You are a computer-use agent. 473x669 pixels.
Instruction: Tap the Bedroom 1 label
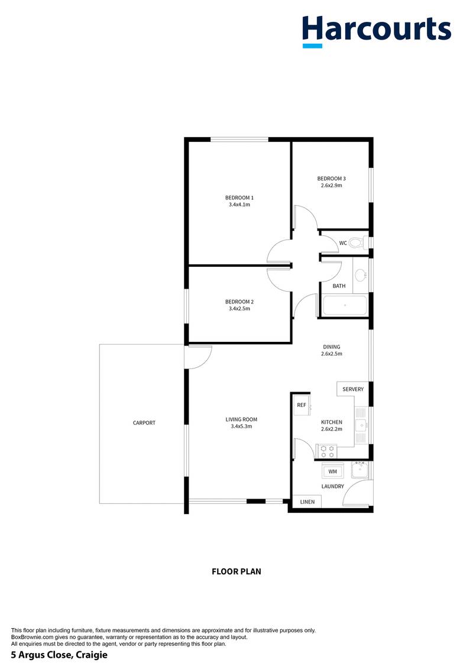point(239,198)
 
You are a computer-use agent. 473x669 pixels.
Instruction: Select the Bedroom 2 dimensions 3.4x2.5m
point(239,308)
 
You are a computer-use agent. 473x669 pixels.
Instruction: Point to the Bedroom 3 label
point(331,179)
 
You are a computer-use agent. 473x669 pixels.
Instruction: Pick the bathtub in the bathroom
point(345,306)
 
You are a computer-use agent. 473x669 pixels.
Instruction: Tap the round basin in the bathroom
point(361,274)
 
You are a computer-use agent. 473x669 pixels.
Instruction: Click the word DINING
point(331,347)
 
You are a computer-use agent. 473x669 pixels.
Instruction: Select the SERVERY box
point(353,389)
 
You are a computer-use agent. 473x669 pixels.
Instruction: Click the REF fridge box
point(302,405)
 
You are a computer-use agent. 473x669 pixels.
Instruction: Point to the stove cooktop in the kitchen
point(327,452)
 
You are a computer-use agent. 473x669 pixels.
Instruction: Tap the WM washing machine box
point(332,471)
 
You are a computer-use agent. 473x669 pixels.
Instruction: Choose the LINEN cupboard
point(307,502)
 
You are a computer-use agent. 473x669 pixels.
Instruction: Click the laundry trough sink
point(359,471)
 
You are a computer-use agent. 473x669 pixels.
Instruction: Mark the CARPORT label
point(144,423)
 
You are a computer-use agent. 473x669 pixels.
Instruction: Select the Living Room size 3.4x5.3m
point(241,426)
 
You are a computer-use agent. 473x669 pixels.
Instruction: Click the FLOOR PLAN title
point(237,571)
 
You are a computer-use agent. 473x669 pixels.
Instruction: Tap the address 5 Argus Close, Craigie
point(59,655)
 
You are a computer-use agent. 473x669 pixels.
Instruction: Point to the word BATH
point(339,286)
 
